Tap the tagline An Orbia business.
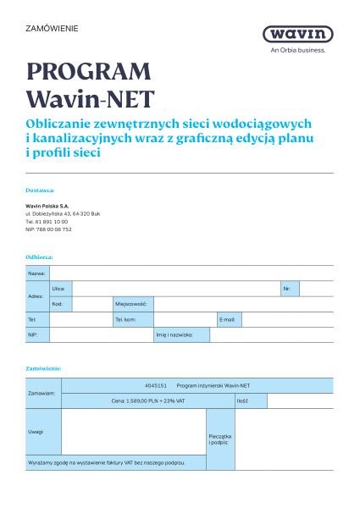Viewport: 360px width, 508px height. pyautogui.click(x=298, y=50)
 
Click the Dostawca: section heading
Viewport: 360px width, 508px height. pyautogui.click(x=40, y=190)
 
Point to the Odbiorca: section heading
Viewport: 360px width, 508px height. pyautogui.click(x=39, y=256)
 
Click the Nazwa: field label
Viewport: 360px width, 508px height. pyautogui.click(x=36, y=273)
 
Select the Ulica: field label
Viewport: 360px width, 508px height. pyautogui.click(x=58, y=289)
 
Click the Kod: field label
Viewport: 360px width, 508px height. pyautogui.click(x=57, y=303)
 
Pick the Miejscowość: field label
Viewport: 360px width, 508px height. pyautogui.click(x=132, y=303)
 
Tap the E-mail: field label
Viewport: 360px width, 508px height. pyautogui.click(x=228, y=319)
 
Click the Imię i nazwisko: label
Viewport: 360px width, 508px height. pyautogui.click(x=174, y=334)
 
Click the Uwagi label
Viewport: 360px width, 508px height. pyautogui.click(x=36, y=432)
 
